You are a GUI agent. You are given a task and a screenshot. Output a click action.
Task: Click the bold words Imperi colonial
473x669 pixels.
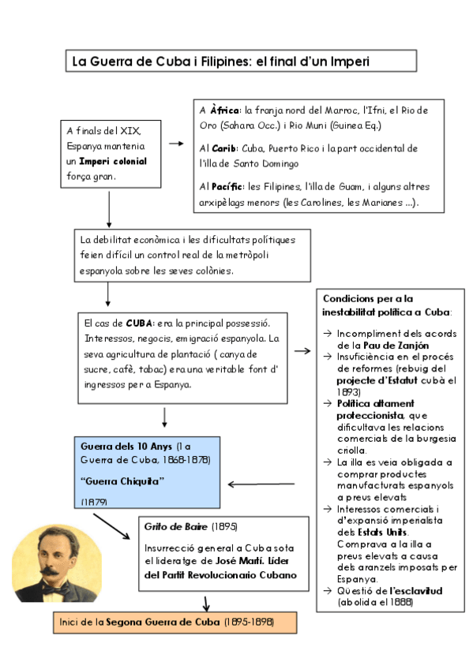112,161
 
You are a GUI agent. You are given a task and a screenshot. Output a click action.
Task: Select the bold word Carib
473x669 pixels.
226,148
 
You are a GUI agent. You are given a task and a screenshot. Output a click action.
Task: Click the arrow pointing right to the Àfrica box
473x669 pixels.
176,144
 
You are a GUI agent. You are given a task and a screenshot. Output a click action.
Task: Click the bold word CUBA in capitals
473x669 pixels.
139,323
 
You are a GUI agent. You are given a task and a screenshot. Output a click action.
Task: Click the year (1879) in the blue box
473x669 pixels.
95,502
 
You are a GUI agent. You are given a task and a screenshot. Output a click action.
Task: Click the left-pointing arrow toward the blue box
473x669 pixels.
261,485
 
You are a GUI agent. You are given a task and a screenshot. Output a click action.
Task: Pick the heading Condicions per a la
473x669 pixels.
368,298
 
